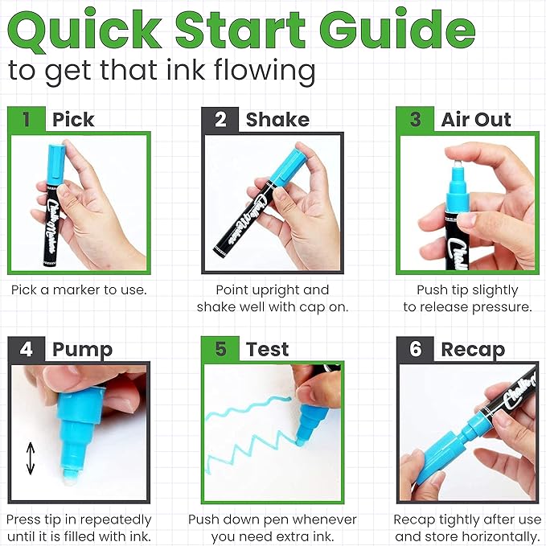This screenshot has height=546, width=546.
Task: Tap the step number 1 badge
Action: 27,120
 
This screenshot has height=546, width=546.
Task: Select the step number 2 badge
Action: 220,120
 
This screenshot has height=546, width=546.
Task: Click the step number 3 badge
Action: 415,120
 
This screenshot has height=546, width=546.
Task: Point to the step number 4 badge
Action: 27,350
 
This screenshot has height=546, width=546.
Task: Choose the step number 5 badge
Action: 220,350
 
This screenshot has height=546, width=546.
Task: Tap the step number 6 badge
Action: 415,350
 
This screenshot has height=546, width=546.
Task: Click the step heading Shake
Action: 277,120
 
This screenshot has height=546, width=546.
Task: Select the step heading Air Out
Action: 476,120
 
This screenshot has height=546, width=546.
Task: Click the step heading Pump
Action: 82,350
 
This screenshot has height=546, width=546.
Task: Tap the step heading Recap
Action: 473,350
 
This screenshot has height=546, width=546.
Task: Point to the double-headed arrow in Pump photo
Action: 30,459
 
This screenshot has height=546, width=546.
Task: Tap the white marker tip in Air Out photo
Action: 457,160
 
